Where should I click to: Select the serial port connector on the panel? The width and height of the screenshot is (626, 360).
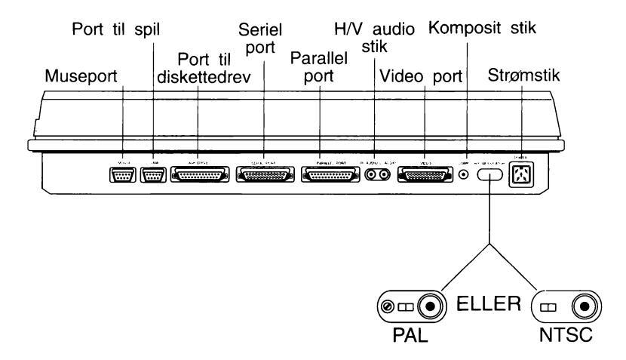[263, 174]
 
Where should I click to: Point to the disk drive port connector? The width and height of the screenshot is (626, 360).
[198, 174]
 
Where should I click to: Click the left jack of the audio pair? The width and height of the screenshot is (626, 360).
[371, 174]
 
